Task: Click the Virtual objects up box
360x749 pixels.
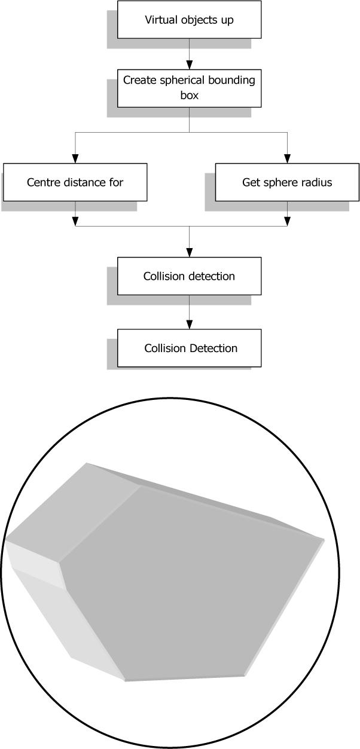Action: tap(189, 20)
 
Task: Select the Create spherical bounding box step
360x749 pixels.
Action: tap(189, 87)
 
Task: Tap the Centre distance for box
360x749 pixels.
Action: tap(75, 182)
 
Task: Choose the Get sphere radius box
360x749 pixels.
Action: tap(287, 182)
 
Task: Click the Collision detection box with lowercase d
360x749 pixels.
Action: tap(189, 276)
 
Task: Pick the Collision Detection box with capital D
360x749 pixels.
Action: tap(189, 348)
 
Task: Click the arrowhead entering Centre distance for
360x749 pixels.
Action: tap(75, 159)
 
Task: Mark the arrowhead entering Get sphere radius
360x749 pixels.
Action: tap(288, 159)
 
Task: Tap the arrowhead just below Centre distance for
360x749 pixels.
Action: tap(75, 221)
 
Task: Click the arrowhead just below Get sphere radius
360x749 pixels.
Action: tap(288, 221)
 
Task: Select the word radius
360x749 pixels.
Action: tap(317, 182)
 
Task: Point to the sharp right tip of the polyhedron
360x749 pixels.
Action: tap(324, 540)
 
